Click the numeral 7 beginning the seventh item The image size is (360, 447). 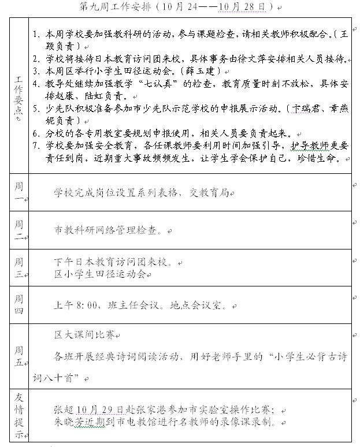[36, 144]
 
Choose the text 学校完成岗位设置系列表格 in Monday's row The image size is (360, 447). [118, 193]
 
